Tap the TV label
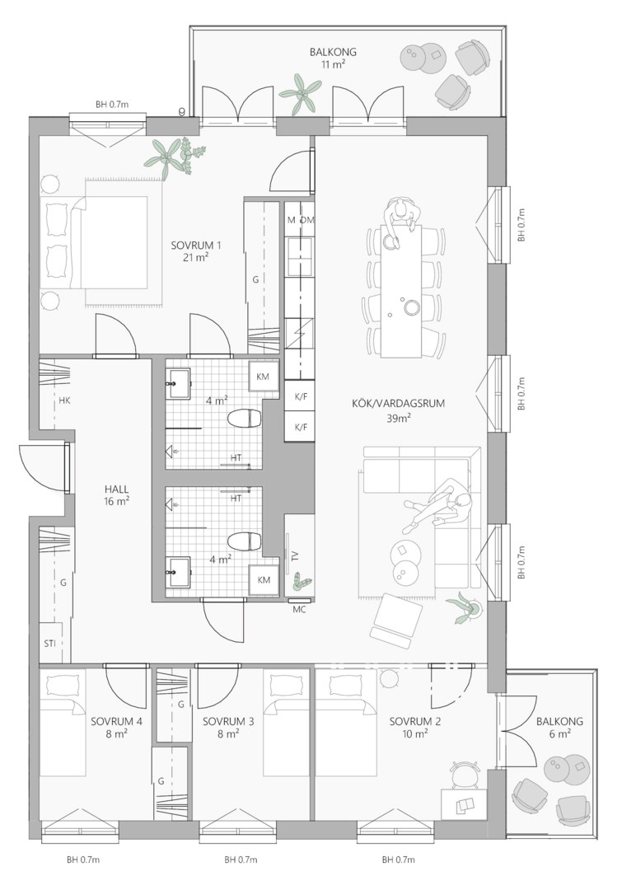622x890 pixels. [295, 555]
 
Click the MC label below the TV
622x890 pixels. [299, 610]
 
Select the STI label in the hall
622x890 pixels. [49, 643]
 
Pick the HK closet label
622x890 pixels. [64, 400]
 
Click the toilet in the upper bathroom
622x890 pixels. [244, 419]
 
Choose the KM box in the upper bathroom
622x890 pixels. [263, 377]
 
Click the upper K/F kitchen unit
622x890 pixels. [300, 397]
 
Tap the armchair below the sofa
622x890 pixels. [397, 621]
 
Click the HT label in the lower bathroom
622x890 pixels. [236, 499]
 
